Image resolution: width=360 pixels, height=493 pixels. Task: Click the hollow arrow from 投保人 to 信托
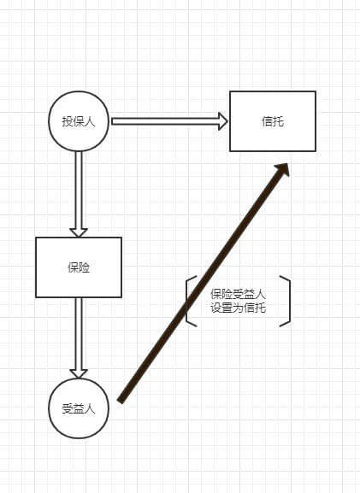169,121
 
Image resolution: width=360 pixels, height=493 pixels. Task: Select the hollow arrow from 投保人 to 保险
79,194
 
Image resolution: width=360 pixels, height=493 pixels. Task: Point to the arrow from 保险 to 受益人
79,337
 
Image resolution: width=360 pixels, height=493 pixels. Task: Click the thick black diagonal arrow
203,283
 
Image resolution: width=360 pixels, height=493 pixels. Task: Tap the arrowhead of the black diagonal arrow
282,170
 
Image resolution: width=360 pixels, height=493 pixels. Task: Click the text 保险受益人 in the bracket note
239,294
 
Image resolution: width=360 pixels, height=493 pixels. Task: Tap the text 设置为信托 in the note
239,308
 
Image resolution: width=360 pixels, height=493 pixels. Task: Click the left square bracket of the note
186,302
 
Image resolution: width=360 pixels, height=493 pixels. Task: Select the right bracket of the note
289,302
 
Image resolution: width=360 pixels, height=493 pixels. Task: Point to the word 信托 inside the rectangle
273,121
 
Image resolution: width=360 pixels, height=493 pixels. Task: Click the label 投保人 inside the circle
79,121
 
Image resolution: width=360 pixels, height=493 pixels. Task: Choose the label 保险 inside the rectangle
79,267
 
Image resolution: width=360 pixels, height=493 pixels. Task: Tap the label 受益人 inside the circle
79,408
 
